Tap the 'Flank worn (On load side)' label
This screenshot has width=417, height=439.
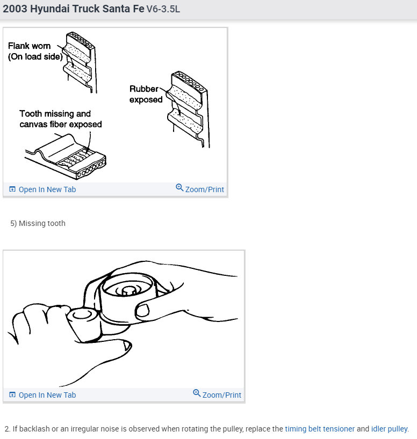tap(35, 52)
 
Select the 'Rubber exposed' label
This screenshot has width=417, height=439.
tap(146, 94)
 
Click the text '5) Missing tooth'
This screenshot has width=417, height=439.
tap(38, 223)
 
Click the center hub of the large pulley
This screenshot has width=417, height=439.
tap(128, 290)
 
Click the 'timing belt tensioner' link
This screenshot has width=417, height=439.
tap(320, 429)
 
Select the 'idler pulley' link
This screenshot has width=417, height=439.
tap(389, 429)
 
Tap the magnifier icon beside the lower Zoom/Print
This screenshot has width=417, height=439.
tap(197, 393)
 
